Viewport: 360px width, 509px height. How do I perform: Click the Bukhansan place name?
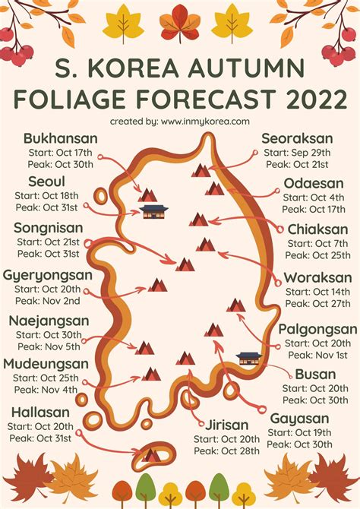pos(60,138)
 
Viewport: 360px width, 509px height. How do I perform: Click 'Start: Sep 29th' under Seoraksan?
pos(302,152)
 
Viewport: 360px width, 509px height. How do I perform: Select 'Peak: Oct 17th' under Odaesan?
pos(314,209)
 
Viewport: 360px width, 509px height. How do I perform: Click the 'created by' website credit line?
pos(179,121)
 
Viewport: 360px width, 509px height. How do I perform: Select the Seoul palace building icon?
pos(154,211)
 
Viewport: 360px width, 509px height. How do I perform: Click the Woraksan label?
pos(317,278)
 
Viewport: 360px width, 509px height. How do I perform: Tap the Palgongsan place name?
pos(317,329)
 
